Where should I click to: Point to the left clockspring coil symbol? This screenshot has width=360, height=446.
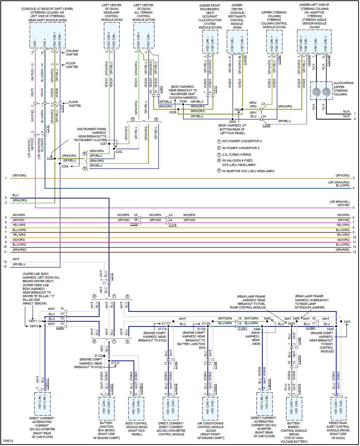pyautogui.click(x=316, y=90)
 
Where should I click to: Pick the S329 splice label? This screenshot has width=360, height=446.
pyautogui.click(x=173, y=112)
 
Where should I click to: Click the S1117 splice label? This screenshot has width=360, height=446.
pyautogui.click(x=166, y=323)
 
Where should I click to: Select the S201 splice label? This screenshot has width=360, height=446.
pyautogui.click(x=347, y=321)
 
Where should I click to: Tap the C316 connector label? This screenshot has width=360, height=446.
pyautogui.click(x=172, y=225)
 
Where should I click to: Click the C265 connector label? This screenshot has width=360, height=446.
pyautogui.click(x=60, y=328)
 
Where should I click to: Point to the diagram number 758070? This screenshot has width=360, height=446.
pyautogui.click(x=8, y=441)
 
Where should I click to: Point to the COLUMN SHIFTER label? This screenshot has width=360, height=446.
pyautogui.click(x=72, y=53)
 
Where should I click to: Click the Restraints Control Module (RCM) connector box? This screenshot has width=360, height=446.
pyautogui.click(x=236, y=41)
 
